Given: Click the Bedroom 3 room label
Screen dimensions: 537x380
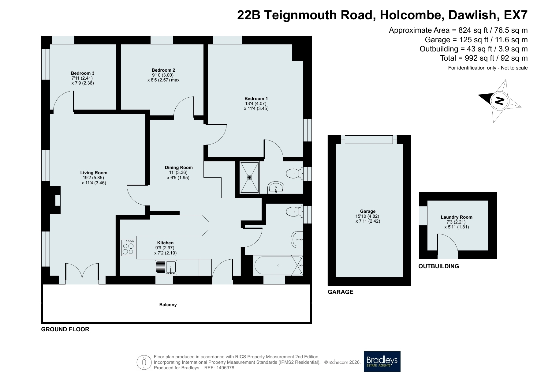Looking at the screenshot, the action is [x=83, y=73].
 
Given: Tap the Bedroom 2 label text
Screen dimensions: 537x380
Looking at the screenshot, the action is [x=163, y=70].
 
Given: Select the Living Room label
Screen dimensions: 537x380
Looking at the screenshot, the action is [x=94, y=173].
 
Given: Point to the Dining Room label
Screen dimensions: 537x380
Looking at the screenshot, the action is [x=179, y=167].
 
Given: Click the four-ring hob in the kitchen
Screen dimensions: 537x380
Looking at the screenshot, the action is [x=128, y=248].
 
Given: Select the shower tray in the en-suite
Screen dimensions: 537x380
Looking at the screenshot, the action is [x=250, y=178].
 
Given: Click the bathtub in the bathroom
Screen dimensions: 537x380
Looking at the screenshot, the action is [x=278, y=265].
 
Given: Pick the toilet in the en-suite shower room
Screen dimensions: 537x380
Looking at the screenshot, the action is [x=295, y=174].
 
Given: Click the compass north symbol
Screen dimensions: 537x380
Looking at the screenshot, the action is [x=499, y=101].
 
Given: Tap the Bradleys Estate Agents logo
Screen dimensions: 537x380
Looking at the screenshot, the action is [x=382, y=361].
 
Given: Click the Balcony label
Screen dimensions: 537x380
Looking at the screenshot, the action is [x=168, y=305].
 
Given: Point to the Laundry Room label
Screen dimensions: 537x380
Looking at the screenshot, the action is [x=457, y=217].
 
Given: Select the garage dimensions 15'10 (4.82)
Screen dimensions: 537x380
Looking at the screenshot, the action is [x=368, y=216].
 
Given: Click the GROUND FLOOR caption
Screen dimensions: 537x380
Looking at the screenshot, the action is [x=65, y=329].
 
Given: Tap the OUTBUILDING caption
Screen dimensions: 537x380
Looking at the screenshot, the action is [x=439, y=266].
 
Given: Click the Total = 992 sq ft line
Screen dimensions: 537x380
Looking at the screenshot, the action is [x=484, y=58].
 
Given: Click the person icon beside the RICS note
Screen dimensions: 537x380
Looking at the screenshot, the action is [x=144, y=362].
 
